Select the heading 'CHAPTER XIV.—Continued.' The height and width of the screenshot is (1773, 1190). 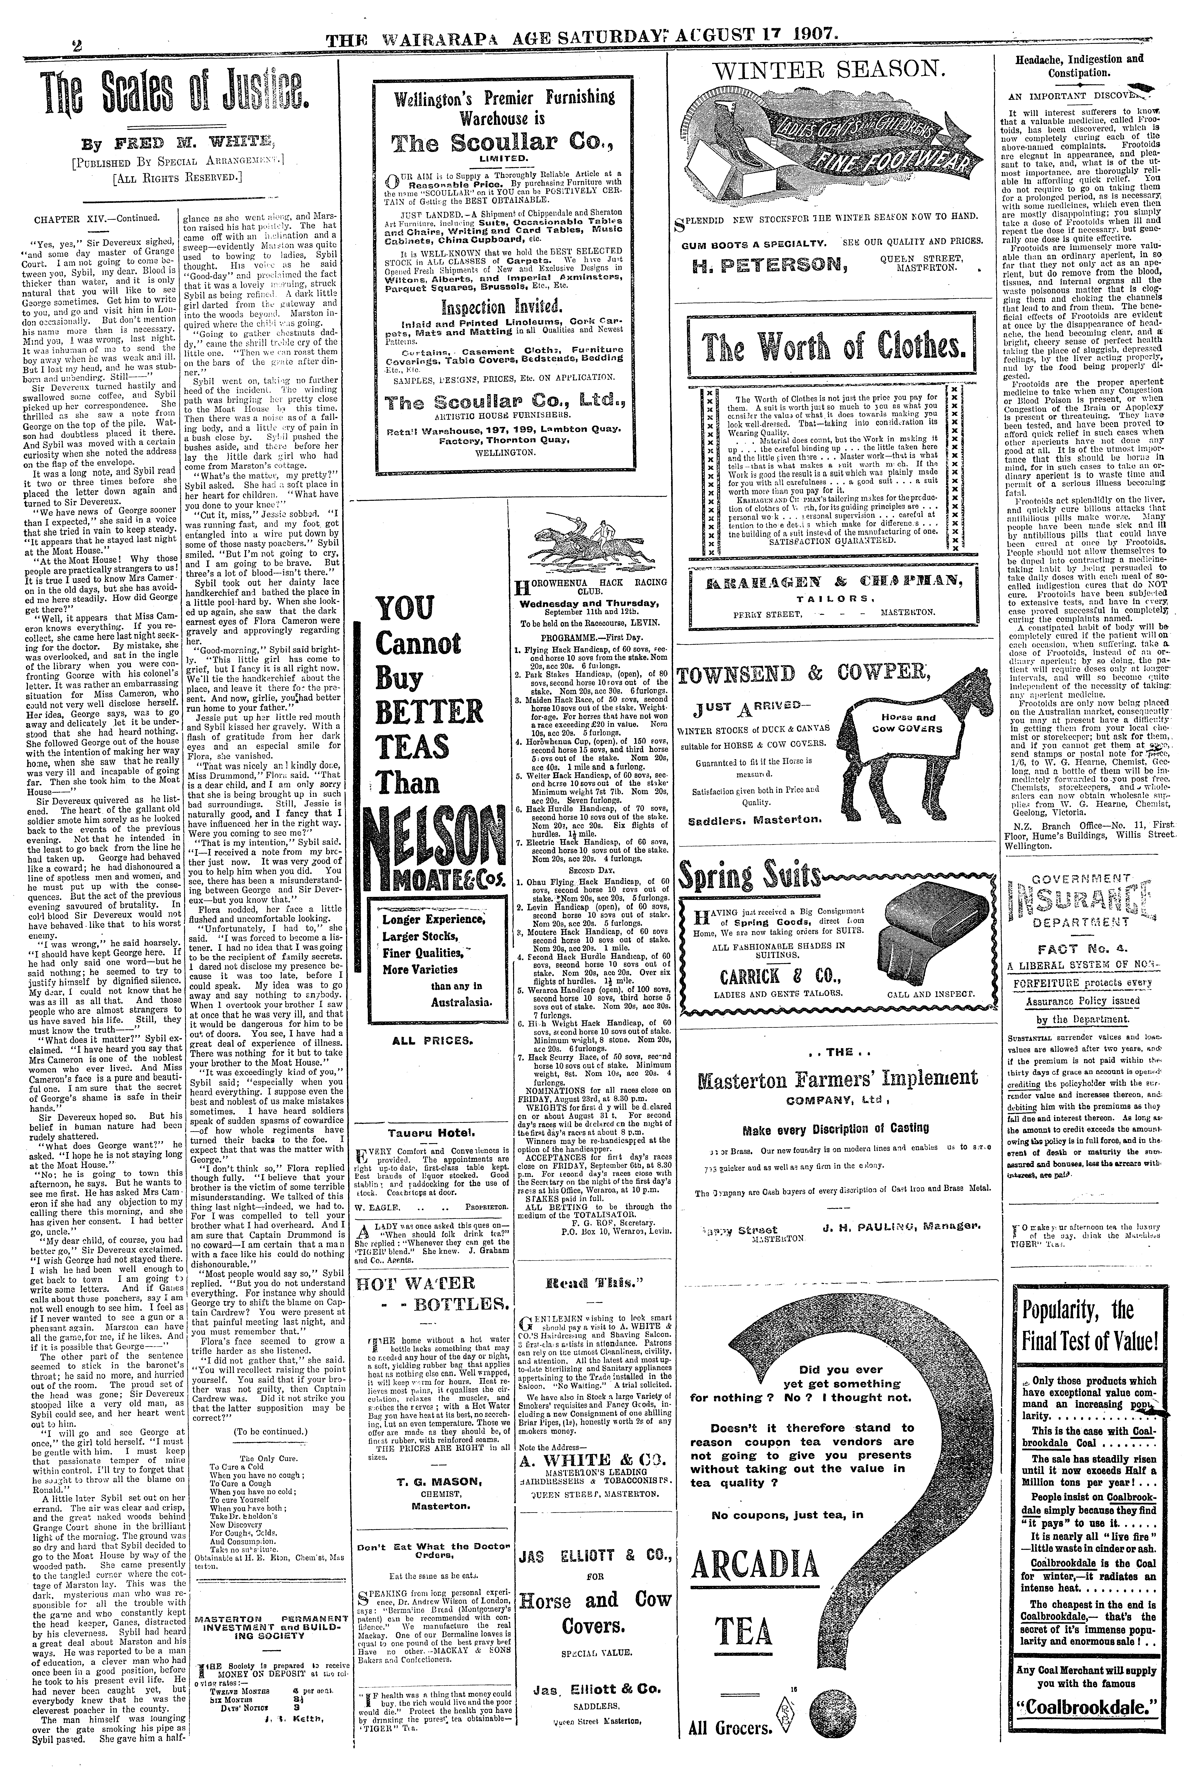pos(95,219)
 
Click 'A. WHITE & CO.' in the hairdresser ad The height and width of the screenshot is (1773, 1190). pos(588,1460)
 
